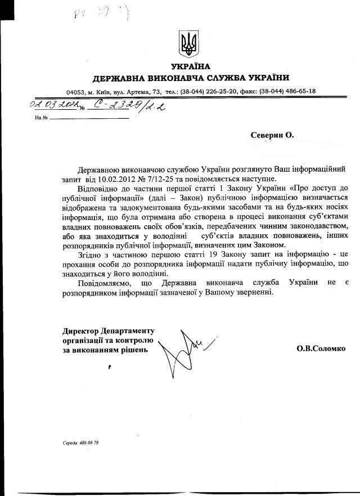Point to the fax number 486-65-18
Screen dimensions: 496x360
click(298, 91)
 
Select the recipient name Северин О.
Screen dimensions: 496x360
click(272, 135)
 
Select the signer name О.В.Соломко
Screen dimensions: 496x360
click(322, 349)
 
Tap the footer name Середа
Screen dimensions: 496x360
click(71, 443)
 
